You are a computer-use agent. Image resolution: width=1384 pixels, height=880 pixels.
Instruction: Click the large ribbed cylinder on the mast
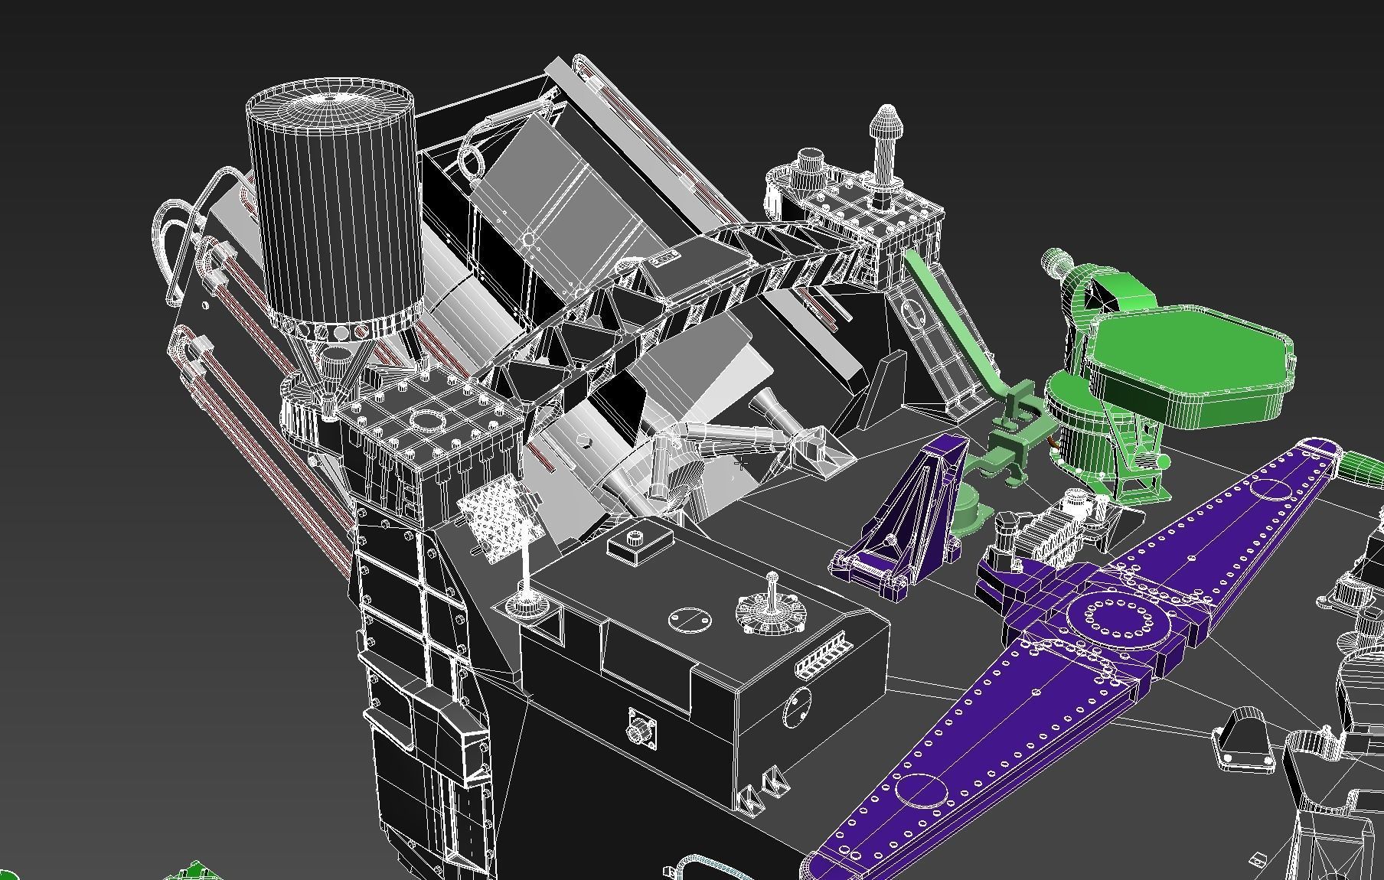pyautogui.click(x=334, y=207)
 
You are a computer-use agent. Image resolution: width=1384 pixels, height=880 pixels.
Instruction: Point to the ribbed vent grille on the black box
pyautogui.click(x=823, y=655)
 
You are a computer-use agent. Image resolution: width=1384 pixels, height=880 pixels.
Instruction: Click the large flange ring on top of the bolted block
pyautogui.click(x=426, y=419)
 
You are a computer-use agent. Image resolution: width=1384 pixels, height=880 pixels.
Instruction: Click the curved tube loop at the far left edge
pyautogui.click(x=172, y=245)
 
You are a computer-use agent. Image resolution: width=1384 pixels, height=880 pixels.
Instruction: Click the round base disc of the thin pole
pyautogui.click(x=525, y=605)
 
